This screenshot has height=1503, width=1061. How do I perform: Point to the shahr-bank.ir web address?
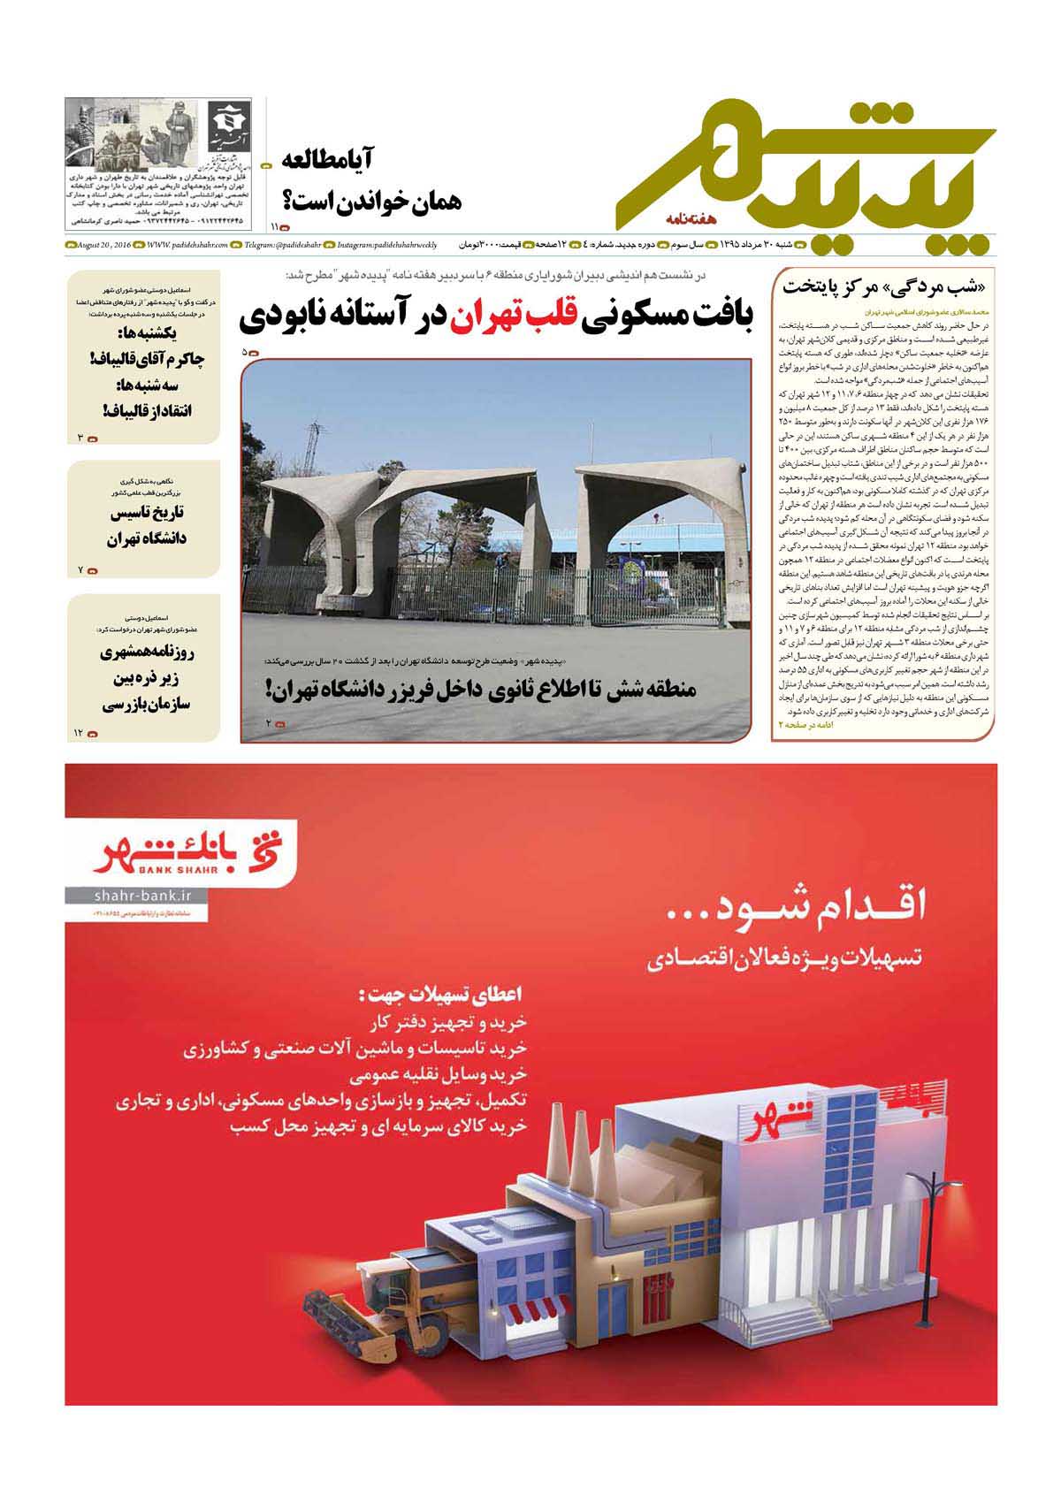tap(136, 896)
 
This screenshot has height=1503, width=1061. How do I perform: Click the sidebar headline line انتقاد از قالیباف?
tap(147, 410)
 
